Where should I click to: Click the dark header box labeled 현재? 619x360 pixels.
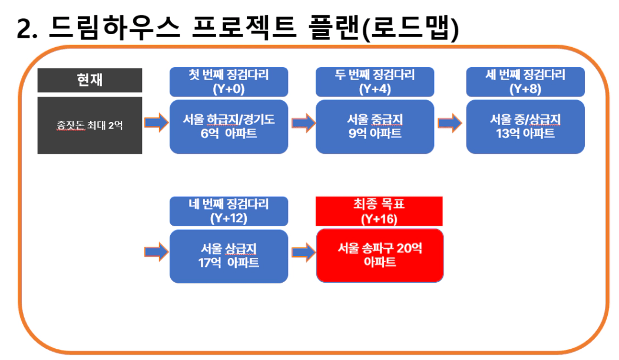90,80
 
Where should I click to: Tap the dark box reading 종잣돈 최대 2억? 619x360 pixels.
90,125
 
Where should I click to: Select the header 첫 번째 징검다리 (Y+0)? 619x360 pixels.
229,82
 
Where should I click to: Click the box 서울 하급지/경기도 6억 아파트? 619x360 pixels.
229,127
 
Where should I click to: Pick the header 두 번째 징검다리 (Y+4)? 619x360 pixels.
375,82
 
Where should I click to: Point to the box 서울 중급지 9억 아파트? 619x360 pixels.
375,127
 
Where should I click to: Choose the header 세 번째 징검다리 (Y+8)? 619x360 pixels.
525,82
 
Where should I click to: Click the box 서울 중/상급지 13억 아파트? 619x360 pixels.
525,127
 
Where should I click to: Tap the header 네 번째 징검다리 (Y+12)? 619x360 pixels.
229,211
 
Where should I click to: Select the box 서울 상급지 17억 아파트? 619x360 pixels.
229,256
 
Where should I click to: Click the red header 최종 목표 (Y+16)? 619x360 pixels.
379,211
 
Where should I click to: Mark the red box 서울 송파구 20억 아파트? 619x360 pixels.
380,255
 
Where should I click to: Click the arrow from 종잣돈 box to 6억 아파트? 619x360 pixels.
156,123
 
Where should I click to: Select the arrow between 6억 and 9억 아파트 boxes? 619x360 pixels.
303,123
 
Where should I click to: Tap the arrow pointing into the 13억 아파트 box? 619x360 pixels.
449,123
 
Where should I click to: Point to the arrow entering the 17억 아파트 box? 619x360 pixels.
156,252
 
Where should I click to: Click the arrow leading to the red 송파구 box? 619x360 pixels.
303,252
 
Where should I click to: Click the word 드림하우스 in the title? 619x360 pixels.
114,28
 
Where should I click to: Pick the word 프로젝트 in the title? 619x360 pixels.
244,28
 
